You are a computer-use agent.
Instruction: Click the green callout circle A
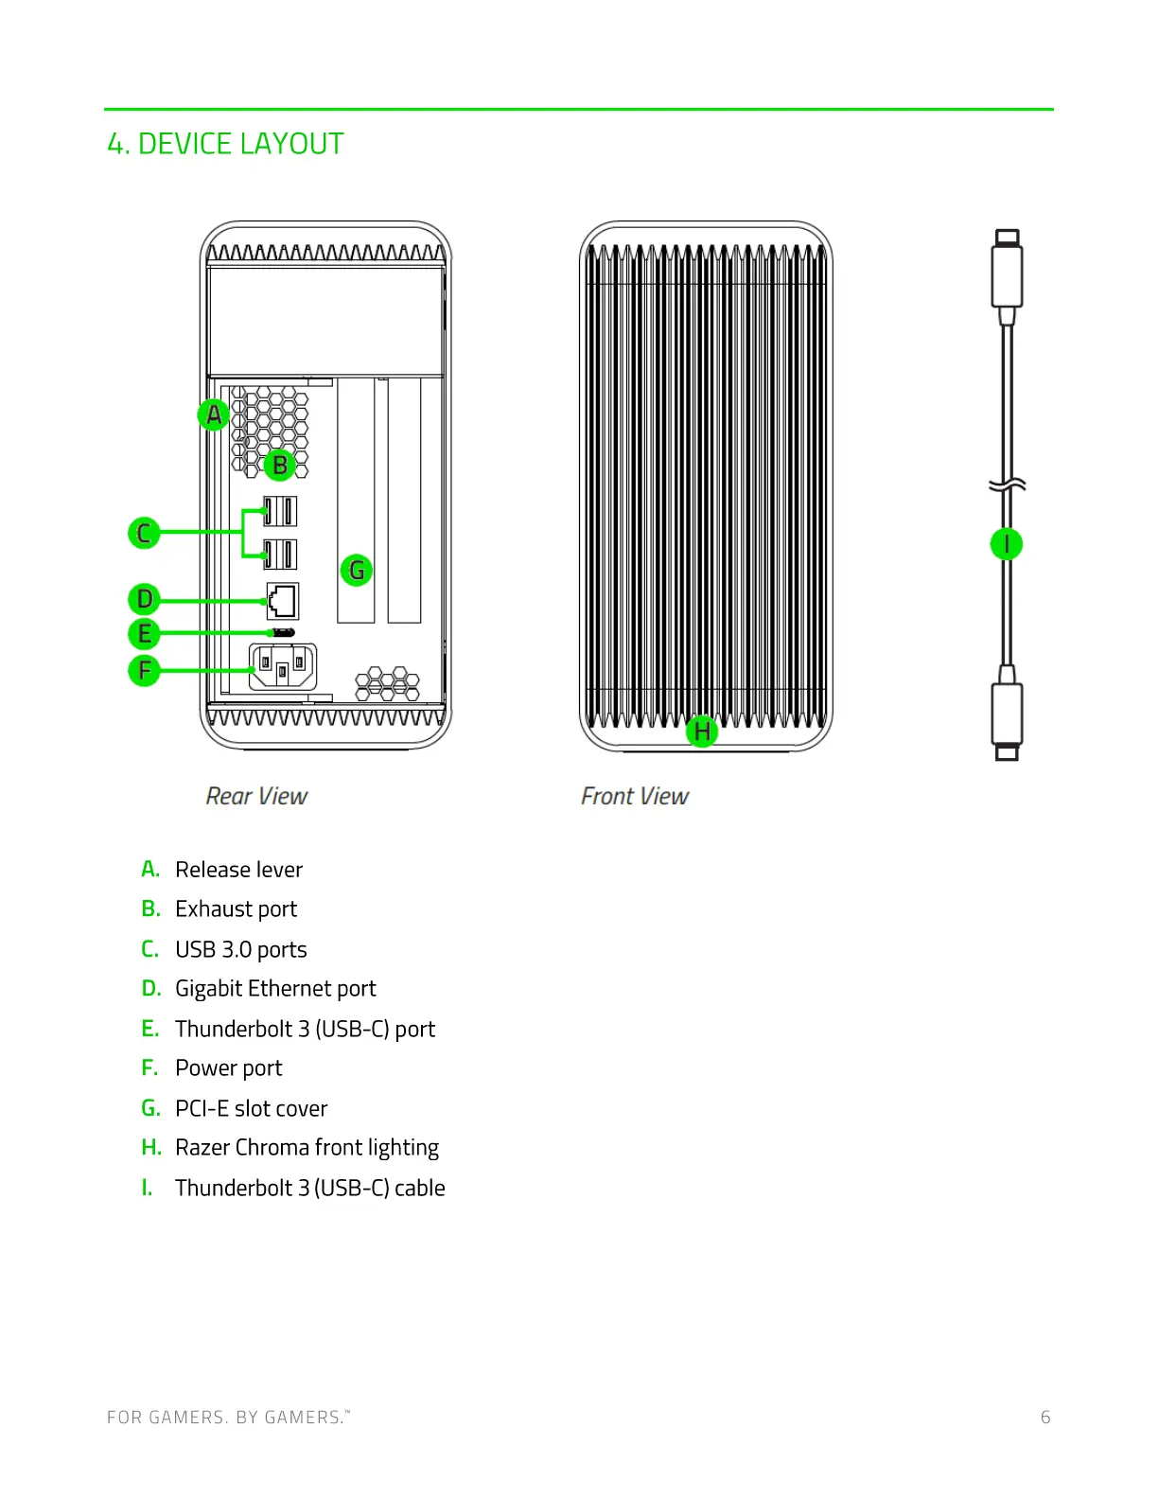click(x=215, y=414)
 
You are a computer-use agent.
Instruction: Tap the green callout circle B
click(x=280, y=465)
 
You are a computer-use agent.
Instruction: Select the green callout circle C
click(x=144, y=533)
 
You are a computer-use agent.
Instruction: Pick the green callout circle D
click(x=144, y=599)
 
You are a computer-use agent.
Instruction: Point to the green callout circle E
click(x=144, y=633)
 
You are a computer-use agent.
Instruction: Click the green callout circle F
click(x=144, y=670)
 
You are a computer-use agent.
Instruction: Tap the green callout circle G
click(x=356, y=570)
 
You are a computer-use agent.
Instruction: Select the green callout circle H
click(x=701, y=731)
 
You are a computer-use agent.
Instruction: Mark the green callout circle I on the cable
click(x=1007, y=544)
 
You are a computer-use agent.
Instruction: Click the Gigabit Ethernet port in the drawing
click(x=282, y=601)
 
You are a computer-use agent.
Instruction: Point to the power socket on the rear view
click(x=282, y=667)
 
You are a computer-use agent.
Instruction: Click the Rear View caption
click(x=256, y=797)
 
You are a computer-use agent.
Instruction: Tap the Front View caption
click(x=635, y=797)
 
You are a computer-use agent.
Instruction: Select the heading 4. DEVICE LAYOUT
click(x=225, y=144)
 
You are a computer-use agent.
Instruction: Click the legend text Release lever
click(x=238, y=870)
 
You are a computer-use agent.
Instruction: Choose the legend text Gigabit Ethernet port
click(x=275, y=989)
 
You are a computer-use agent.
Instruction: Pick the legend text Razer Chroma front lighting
click(x=307, y=1148)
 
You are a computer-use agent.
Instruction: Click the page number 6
click(x=1045, y=1417)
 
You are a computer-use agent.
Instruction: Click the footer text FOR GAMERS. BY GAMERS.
click(x=227, y=1417)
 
